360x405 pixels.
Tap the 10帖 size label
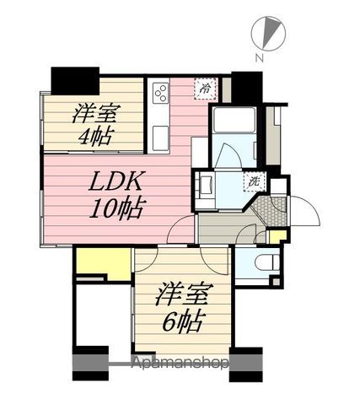(x=116, y=208)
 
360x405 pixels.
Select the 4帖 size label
(x=94, y=136)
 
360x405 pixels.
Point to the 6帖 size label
(x=182, y=322)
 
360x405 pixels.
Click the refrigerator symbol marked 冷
(x=206, y=89)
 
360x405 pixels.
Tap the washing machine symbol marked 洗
(x=255, y=182)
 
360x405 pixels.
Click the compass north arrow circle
(x=268, y=34)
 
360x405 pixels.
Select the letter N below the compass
(x=259, y=58)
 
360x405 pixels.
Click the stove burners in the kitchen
(x=161, y=93)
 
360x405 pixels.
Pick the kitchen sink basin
(x=160, y=138)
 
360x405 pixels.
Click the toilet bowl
(x=266, y=262)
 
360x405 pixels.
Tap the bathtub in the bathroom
(x=234, y=120)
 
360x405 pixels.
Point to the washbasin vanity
(x=206, y=186)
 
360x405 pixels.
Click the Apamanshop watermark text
(x=180, y=363)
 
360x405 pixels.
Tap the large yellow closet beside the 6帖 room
(x=104, y=264)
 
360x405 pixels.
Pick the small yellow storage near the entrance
(x=277, y=237)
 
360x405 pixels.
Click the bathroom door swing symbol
(x=228, y=156)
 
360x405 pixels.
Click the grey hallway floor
(x=225, y=229)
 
